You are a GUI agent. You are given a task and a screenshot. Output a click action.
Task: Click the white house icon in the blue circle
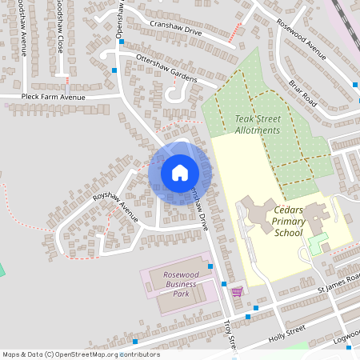click(x=179, y=172)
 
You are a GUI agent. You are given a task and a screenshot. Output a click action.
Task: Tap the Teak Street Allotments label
click(x=258, y=124)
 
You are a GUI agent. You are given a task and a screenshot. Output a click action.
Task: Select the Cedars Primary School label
click(x=288, y=222)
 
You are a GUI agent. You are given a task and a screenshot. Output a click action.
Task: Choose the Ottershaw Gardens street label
click(x=166, y=68)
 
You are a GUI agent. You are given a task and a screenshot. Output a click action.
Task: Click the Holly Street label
click(x=287, y=333)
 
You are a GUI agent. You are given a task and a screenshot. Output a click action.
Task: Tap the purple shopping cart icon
click(x=237, y=291)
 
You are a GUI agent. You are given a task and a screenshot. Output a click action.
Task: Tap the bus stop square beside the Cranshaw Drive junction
click(x=121, y=42)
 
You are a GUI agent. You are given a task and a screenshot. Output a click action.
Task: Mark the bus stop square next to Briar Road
click(x=354, y=85)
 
